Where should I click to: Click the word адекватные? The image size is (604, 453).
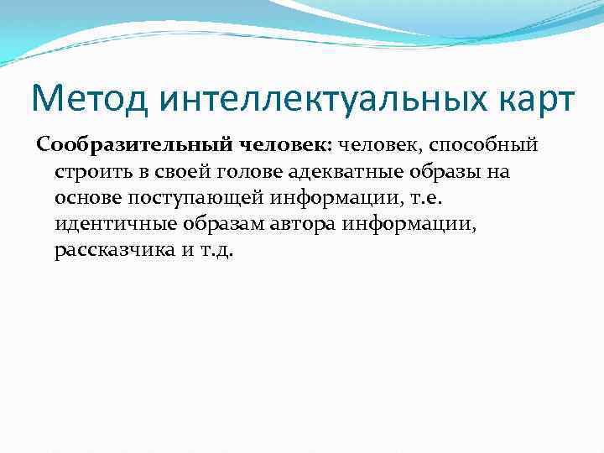click(329, 172)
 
